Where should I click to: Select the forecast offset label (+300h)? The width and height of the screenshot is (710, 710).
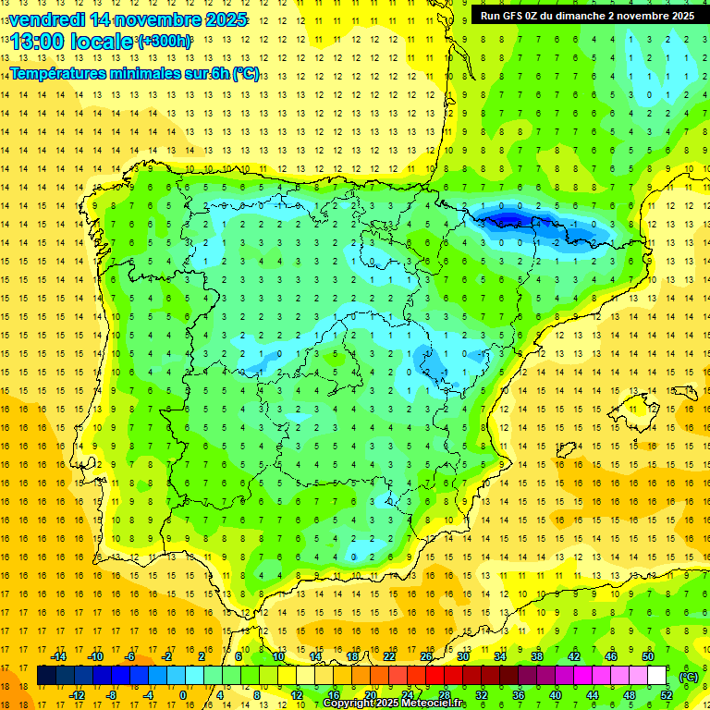[x=164, y=42]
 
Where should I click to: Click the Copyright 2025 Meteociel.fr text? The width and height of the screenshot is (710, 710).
[x=394, y=704]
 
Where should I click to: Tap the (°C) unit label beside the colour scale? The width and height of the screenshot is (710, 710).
[x=689, y=677]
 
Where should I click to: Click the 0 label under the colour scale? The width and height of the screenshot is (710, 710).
[x=182, y=695]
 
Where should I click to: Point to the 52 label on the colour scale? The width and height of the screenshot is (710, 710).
[x=666, y=695]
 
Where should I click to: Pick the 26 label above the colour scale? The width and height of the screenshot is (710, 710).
[x=426, y=656]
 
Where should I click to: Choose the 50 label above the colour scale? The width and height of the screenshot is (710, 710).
[x=648, y=656]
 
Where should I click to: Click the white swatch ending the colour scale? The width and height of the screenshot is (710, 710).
[x=657, y=676]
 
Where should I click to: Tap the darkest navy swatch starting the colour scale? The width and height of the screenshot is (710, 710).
[x=46, y=676]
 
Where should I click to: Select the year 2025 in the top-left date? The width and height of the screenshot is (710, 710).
[x=221, y=19]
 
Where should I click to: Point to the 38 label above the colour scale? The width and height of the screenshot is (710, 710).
[x=537, y=656]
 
